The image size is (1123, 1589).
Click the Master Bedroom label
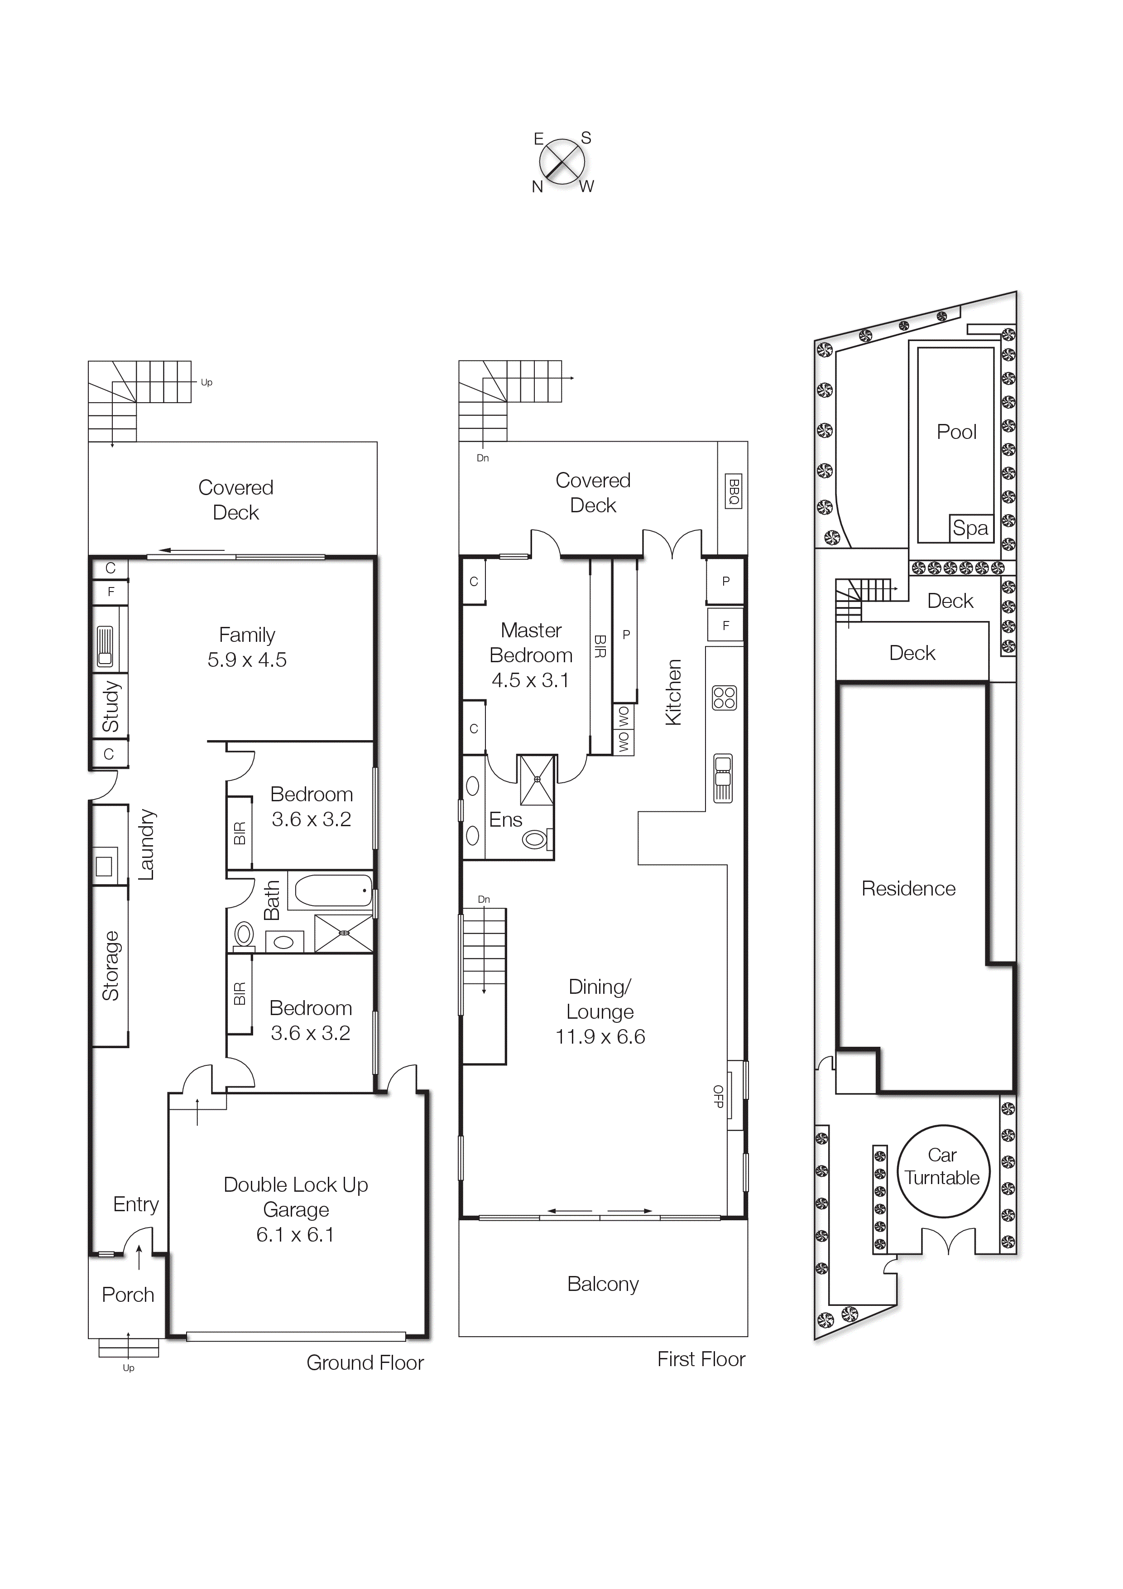coord(531,643)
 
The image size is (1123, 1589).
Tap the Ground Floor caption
coord(365,1363)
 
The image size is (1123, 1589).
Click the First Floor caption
coord(701,1359)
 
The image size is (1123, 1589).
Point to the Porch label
coord(128,1295)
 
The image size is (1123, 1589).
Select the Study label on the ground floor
coord(110,706)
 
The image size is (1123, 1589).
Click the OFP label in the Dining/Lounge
coord(718,1096)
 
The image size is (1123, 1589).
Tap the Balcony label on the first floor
coord(603,1284)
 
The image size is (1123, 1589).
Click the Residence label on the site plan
coord(908,889)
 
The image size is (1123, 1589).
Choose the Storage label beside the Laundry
coord(110,966)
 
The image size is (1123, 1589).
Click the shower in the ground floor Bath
coord(343,933)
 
